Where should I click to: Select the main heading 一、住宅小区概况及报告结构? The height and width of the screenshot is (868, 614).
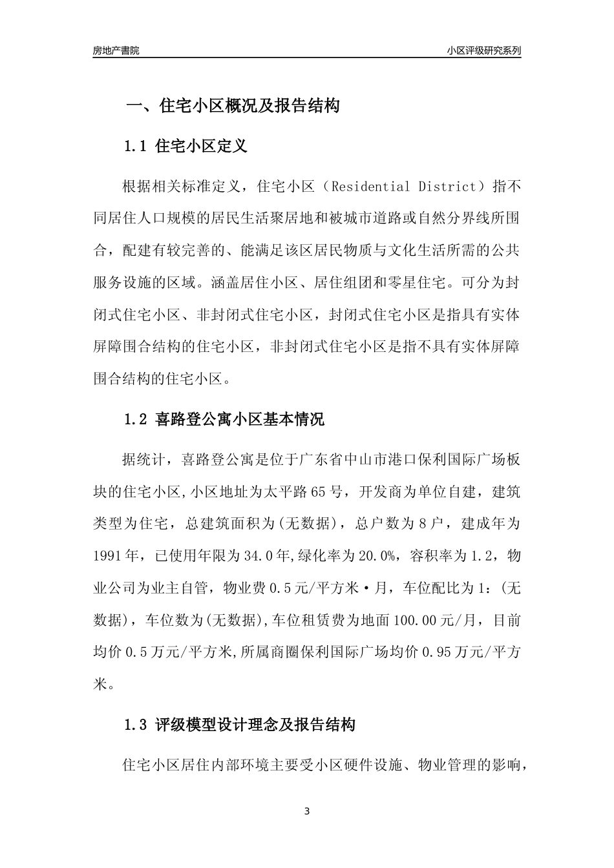pos(233,106)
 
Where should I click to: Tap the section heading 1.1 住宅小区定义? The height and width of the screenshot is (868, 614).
pos(185,146)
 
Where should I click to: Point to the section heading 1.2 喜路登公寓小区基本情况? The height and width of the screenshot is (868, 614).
pos(224,420)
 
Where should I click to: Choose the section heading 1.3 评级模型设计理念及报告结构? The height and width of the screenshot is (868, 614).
pos(239,725)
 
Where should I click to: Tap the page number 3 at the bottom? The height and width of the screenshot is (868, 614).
pos(307,811)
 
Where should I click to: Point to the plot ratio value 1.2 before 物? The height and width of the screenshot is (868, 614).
pos(491,555)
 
